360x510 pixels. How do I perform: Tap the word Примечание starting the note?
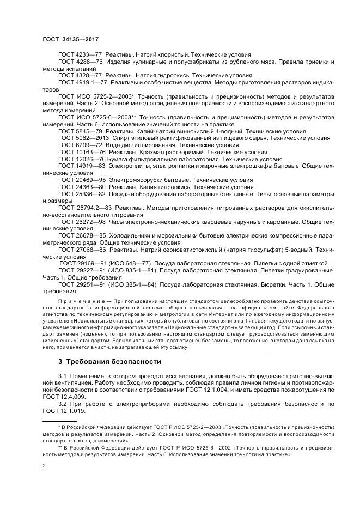(x=82, y=301)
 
